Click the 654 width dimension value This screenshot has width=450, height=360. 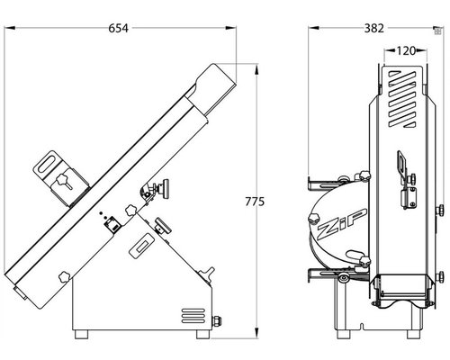tap(118, 28)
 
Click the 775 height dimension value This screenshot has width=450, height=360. tap(255, 202)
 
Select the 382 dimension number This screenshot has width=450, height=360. tap(374, 28)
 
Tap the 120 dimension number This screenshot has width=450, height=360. tap(405, 51)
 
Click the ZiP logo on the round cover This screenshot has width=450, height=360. tap(341, 224)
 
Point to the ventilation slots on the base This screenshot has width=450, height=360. tap(193, 316)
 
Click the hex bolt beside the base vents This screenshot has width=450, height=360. tap(217, 321)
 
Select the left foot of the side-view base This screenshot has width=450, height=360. tap(81, 334)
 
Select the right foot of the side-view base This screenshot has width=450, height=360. tap(203, 334)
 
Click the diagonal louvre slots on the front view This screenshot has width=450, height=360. tap(402, 98)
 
